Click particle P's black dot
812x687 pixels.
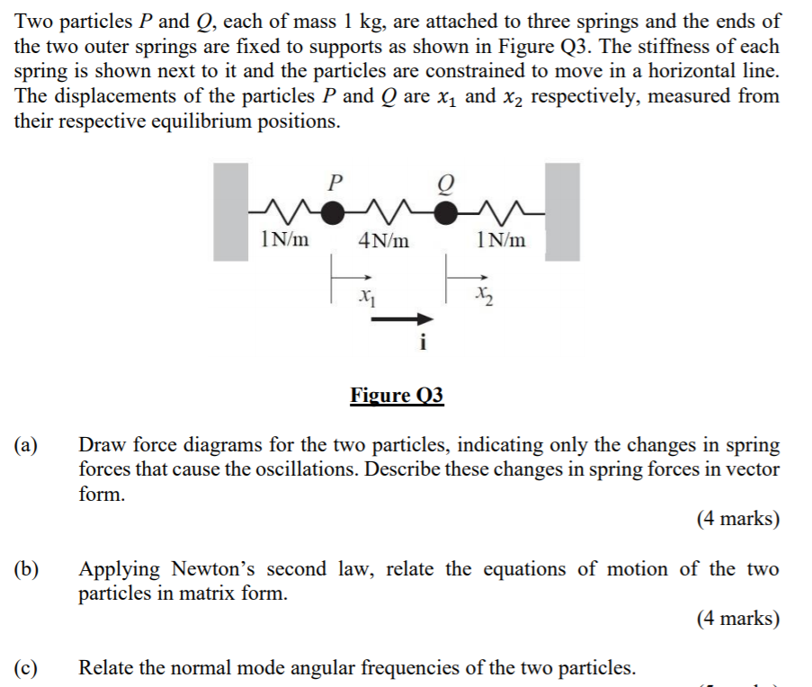pyautogui.click(x=334, y=212)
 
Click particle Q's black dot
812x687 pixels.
pyautogui.click(x=445, y=212)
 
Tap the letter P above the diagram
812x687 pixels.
pyautogui.click(x=335, y=183)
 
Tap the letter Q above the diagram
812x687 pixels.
pyautogui.click(x=445, y=183)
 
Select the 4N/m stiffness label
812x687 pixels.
pyautogui.click(x=383, y=240)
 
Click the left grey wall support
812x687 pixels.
pyautogui.click(x=231, y=211)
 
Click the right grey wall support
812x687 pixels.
pyautogui.click(x=563, y=211)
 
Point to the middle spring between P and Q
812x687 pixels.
pyautogui.click(x=389, y=212)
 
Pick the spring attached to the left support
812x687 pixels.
pyautogui.click(x=283, y=212)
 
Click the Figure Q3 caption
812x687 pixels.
pyautogui.click(x=397, y=396)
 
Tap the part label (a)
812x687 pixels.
pyautogui.click(x=26, y=445)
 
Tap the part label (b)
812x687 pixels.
pyautogui.click(x=26, y=569)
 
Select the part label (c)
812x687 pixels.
pyautogui.click(x=26, y=668)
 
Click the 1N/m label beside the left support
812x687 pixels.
pyautogui.click(x=284, y=240)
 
